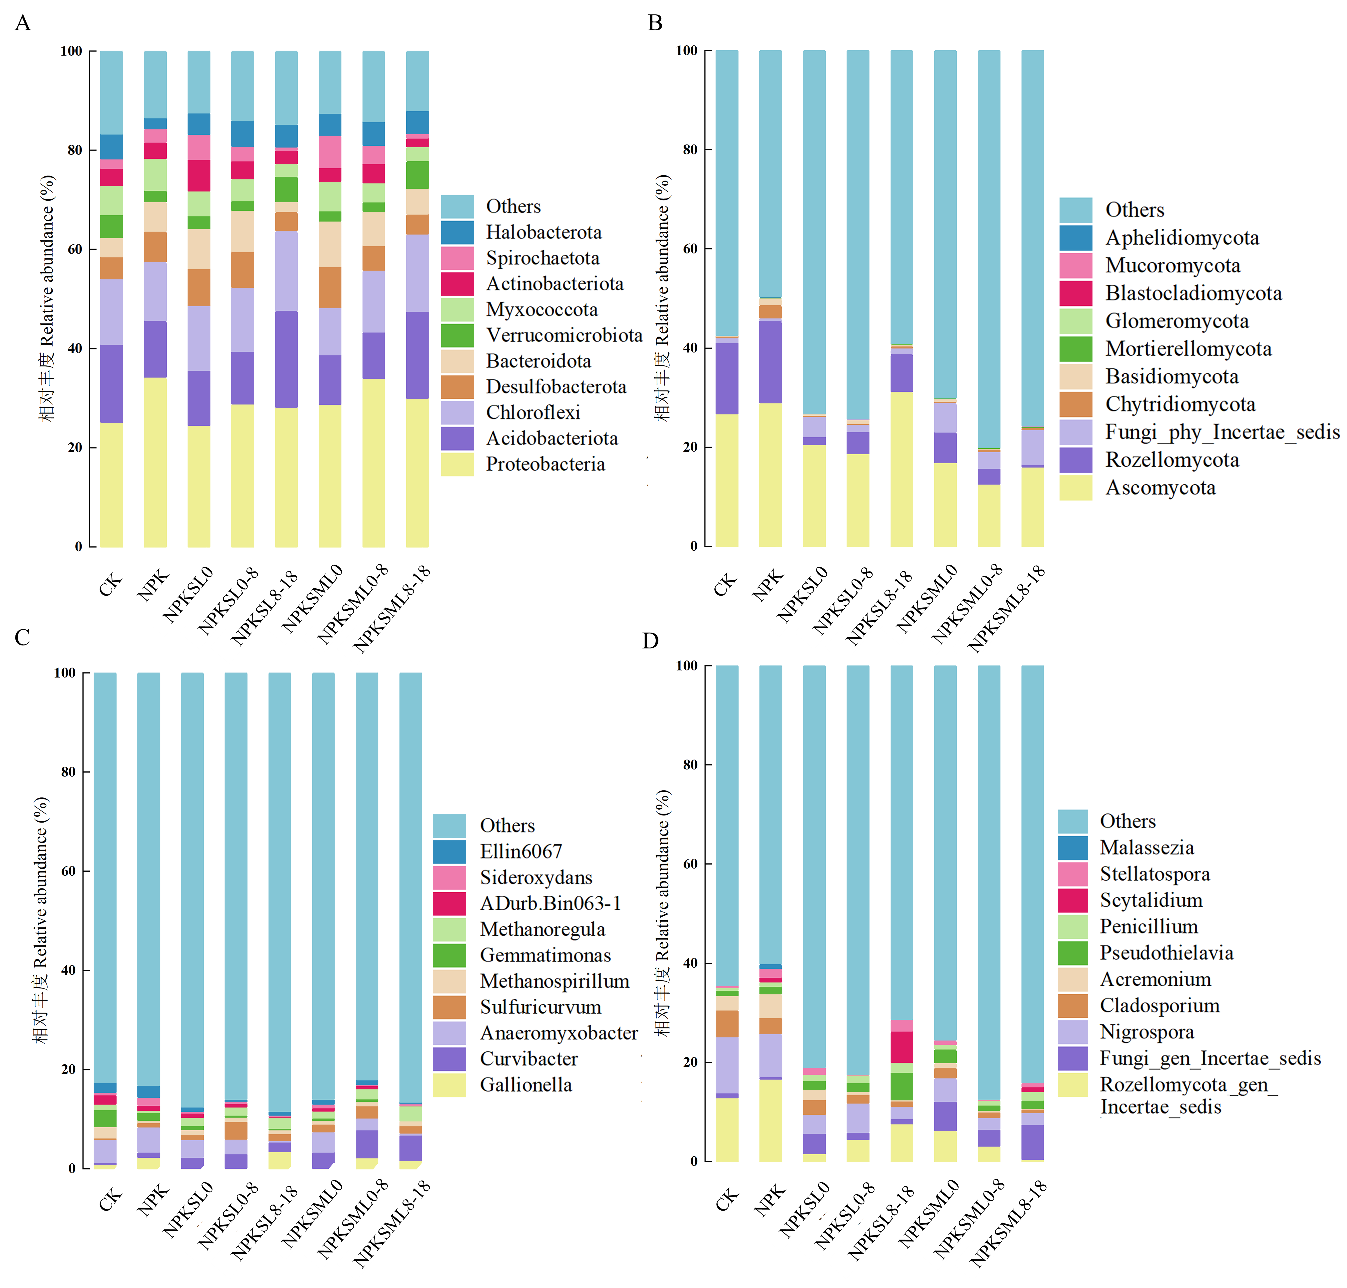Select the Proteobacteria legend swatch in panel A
(457, 464)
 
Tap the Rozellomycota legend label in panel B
(1172, 460)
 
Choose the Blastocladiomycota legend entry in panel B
(1171, 293)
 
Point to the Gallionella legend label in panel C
(526, 1085)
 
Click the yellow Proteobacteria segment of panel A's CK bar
(111, 485)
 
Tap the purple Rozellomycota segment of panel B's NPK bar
(770, 362)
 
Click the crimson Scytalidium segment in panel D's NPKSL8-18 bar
(901, 1047)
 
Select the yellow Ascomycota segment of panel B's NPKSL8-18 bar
(901, 470)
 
